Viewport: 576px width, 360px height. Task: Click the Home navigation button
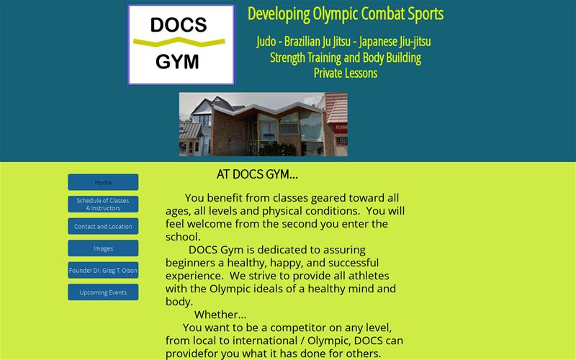103,182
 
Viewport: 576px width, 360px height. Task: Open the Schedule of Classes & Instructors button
103,204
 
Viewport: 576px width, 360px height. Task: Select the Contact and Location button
103,226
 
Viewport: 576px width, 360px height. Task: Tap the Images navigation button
103,248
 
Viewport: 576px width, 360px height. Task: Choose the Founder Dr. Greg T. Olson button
103,271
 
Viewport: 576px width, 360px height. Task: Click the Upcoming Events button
103,292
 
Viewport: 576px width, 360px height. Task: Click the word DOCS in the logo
179,26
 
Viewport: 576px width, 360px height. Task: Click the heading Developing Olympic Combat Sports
346,14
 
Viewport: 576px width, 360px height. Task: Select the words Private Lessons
346,73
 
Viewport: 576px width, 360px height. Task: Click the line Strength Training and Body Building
346,58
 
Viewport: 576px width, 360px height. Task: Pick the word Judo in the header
269,42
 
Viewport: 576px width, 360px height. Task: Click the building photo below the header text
263,124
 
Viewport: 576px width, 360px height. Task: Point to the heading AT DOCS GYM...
257,174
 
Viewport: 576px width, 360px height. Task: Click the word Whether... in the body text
220,315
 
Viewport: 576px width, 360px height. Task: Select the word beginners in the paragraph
191,263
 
